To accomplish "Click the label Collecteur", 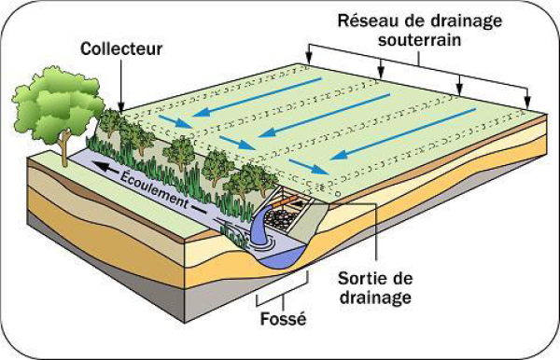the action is point(121,48).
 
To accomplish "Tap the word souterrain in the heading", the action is point(420,39).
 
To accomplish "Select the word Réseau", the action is point(368,21).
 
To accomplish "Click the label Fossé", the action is point(283,319).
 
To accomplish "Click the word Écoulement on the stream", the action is point(154,190).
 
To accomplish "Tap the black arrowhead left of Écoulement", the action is point(101,166).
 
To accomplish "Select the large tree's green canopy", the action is point(57,104).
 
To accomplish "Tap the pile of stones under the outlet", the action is point(281,217).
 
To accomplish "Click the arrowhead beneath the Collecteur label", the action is point(121,108).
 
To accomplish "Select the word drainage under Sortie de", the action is point(375,298).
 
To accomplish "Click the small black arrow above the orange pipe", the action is point(300,203).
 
